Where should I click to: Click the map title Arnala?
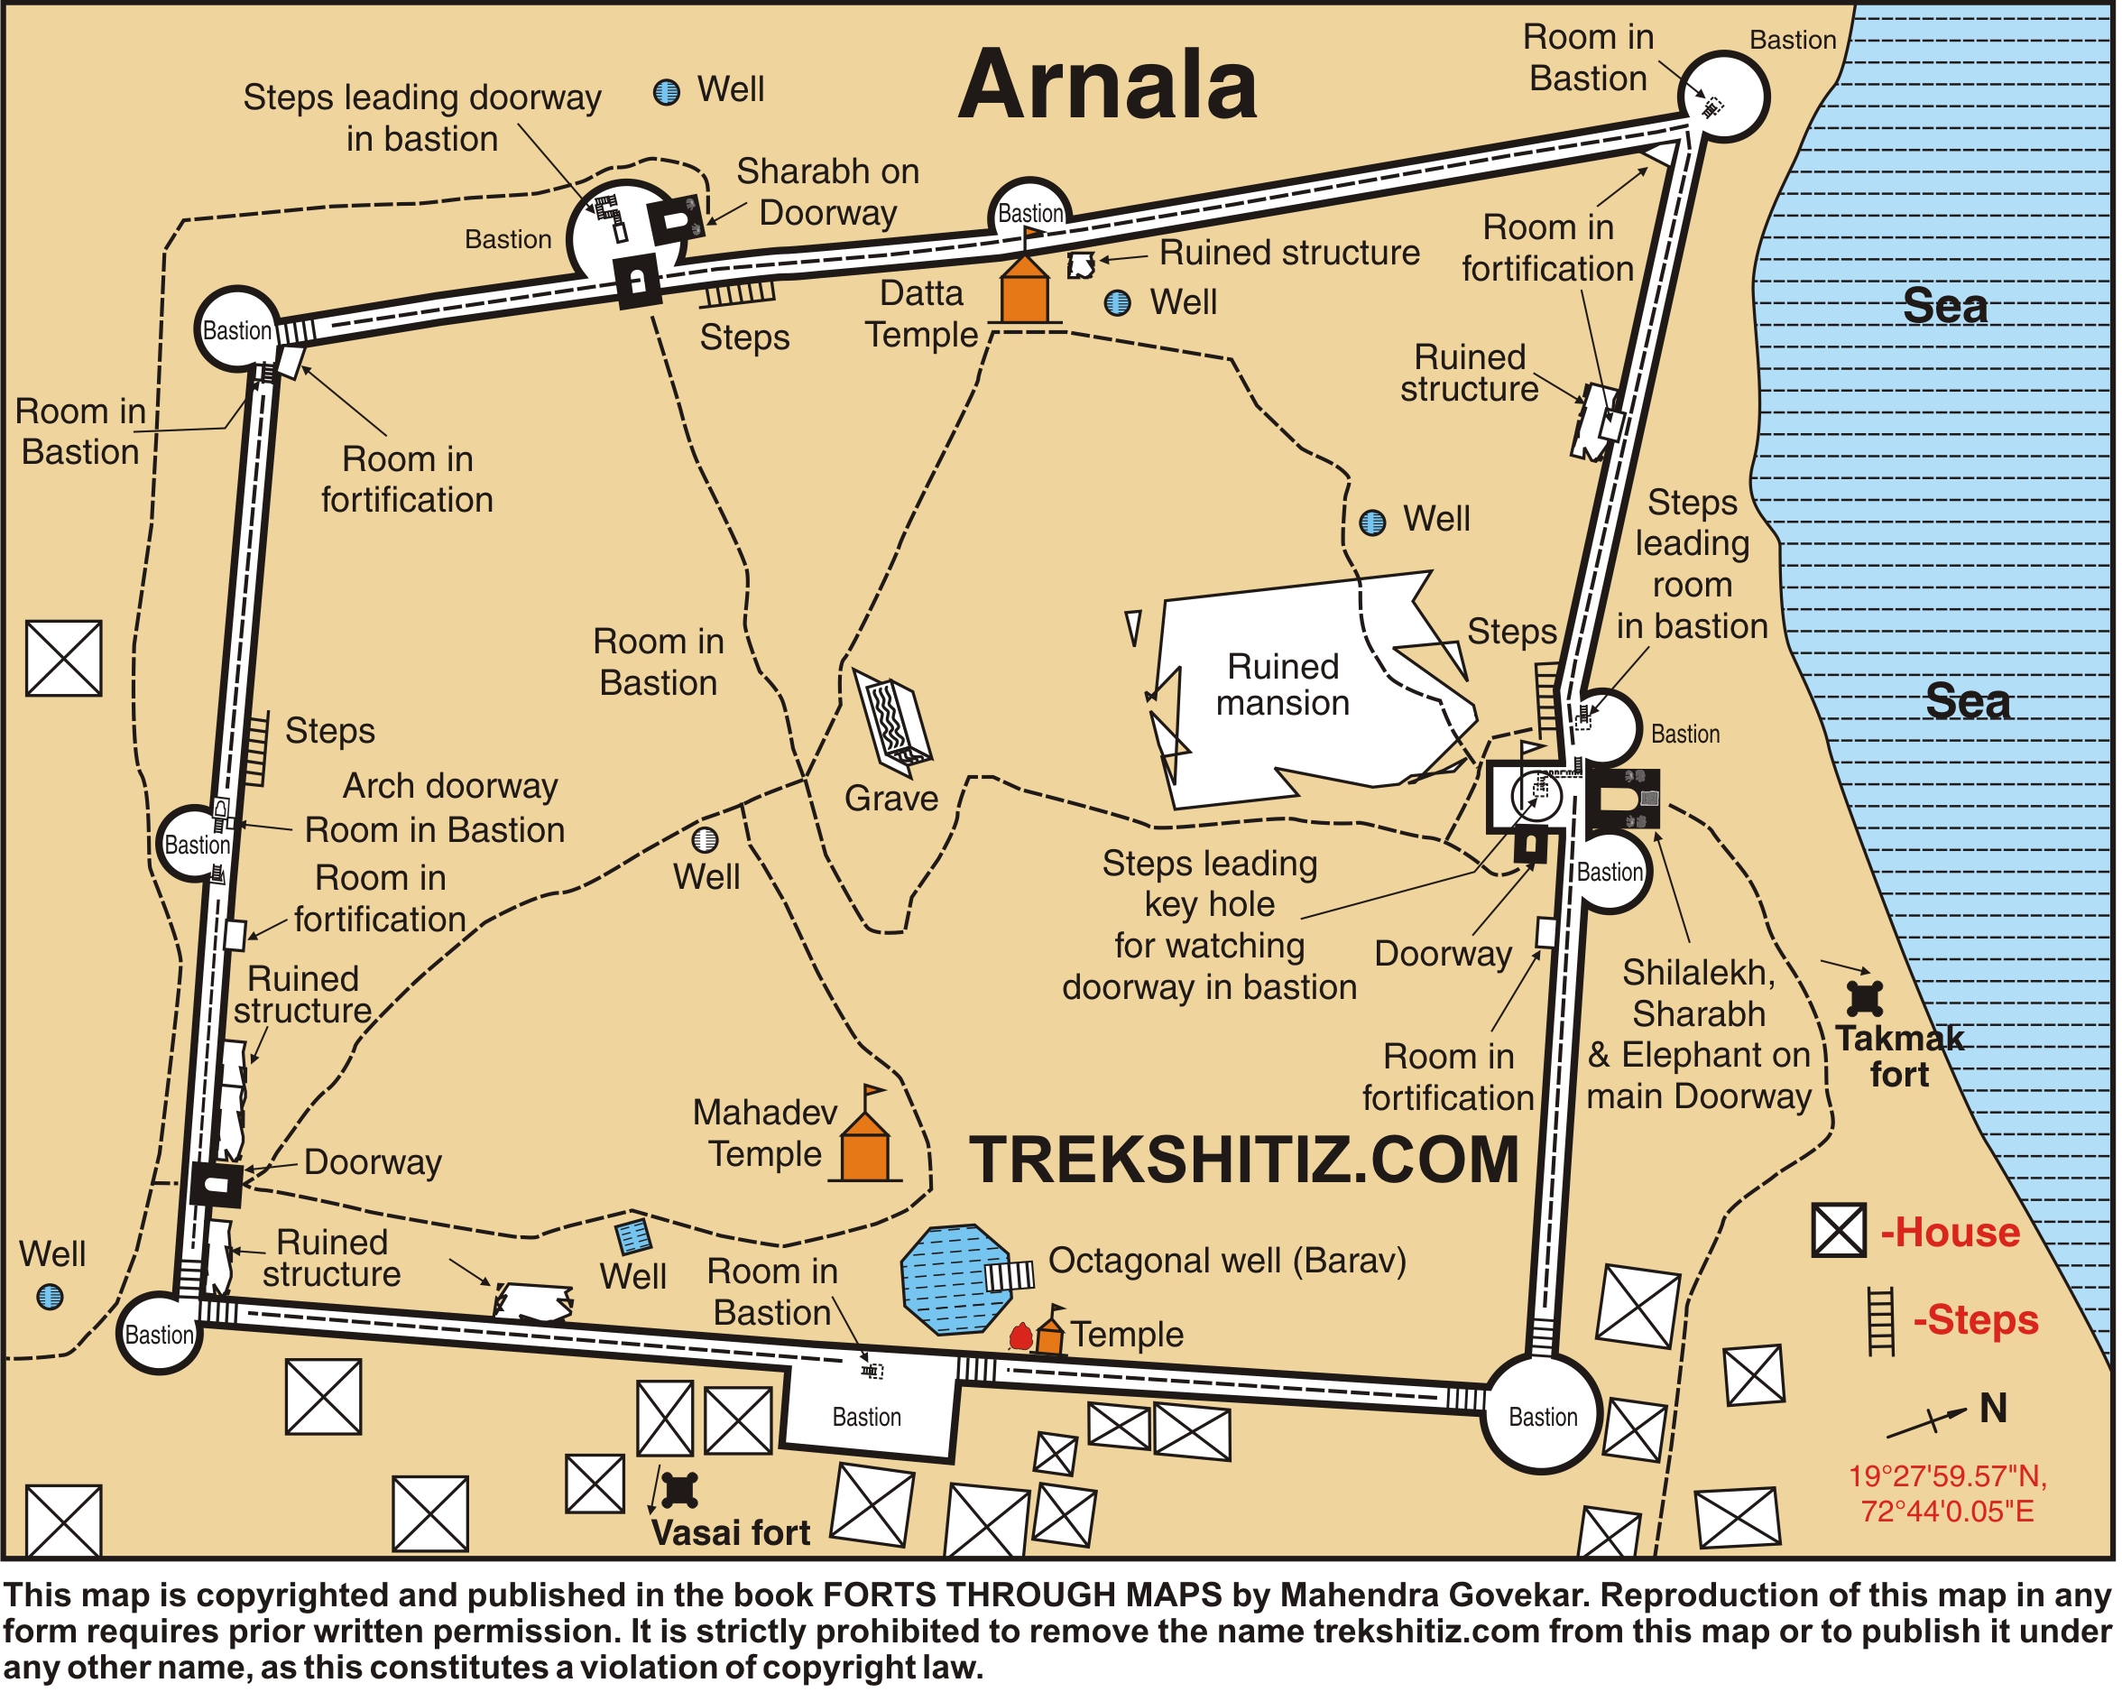[x=1109, y=87]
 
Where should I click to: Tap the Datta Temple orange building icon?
[x=1026, y=291]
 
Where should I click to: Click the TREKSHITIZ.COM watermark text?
[x=1245, y=1160]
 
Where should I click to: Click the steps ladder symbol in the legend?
[x=1882, y=1321]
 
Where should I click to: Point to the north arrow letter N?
[x=1994, y=1409]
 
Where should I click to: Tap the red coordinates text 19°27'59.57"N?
[x=1948, y=1476]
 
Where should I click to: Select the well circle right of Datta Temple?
[x=1118, y=303]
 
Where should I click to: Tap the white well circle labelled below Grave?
[x=706, y=839]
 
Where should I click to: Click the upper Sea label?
[x=1946, y=306]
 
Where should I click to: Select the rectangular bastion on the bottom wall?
[x=868, y=1406]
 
